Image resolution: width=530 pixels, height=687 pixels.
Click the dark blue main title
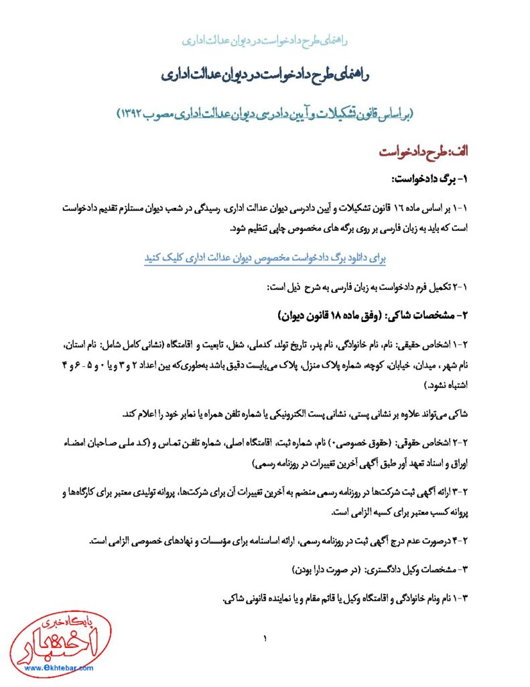pos(265,74)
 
